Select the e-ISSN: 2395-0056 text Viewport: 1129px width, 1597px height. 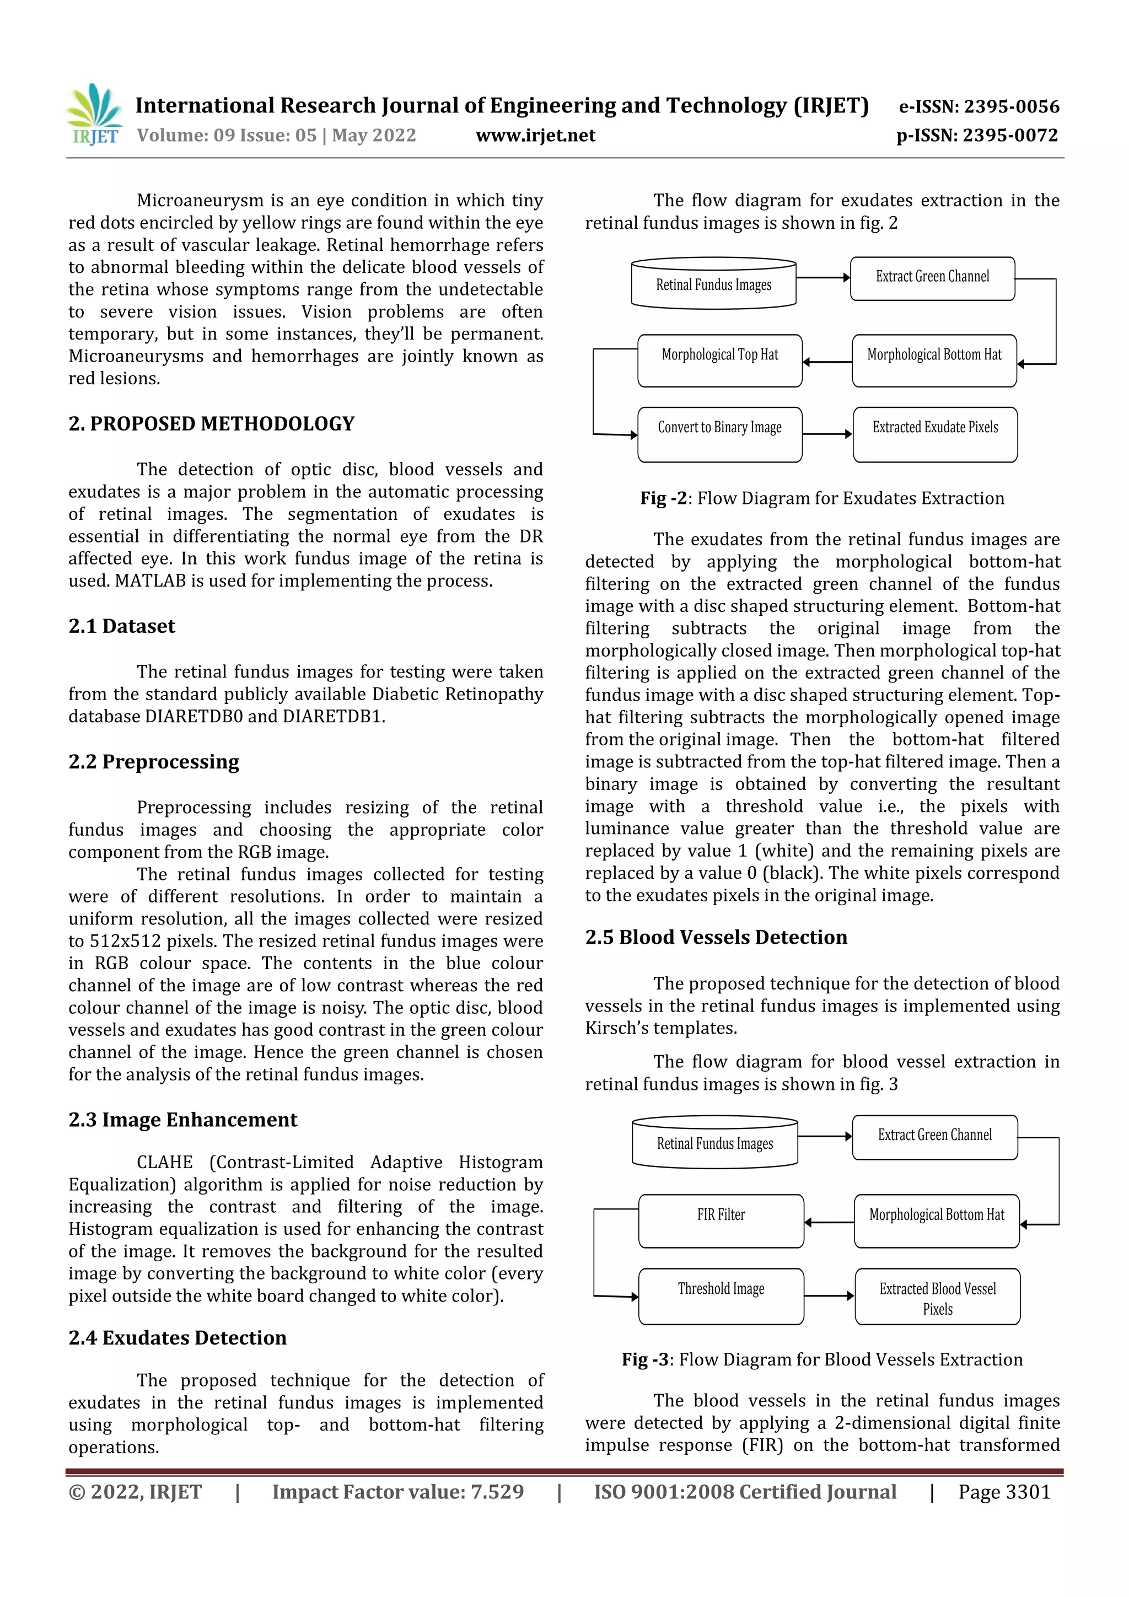(979, 106)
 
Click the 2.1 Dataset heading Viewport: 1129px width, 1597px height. (122, 626)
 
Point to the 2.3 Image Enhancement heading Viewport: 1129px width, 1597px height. (182, 1119)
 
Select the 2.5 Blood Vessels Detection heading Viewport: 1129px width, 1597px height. (716, 937)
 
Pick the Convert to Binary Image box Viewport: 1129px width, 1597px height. (719, 434)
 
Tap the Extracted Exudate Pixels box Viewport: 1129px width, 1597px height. (934, 434)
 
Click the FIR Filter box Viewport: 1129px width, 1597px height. (721, 1220)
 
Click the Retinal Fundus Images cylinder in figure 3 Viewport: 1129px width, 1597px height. (714, 1143)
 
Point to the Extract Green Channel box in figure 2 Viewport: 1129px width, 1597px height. (932, 278)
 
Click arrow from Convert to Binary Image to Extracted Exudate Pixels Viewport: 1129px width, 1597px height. (826, 434)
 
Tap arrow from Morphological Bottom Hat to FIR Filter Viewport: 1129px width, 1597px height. (829, 1222)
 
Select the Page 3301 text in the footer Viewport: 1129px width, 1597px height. (1004, 1491)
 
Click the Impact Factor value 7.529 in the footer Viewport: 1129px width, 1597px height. (398, 1491)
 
